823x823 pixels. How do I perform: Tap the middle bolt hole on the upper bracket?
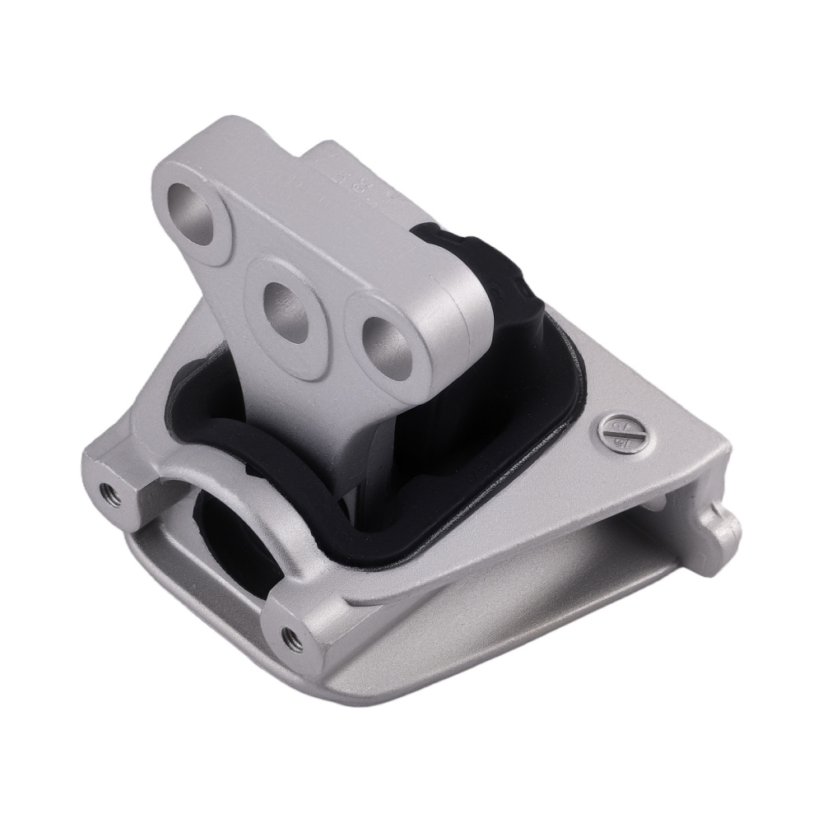tap(287, 310)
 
